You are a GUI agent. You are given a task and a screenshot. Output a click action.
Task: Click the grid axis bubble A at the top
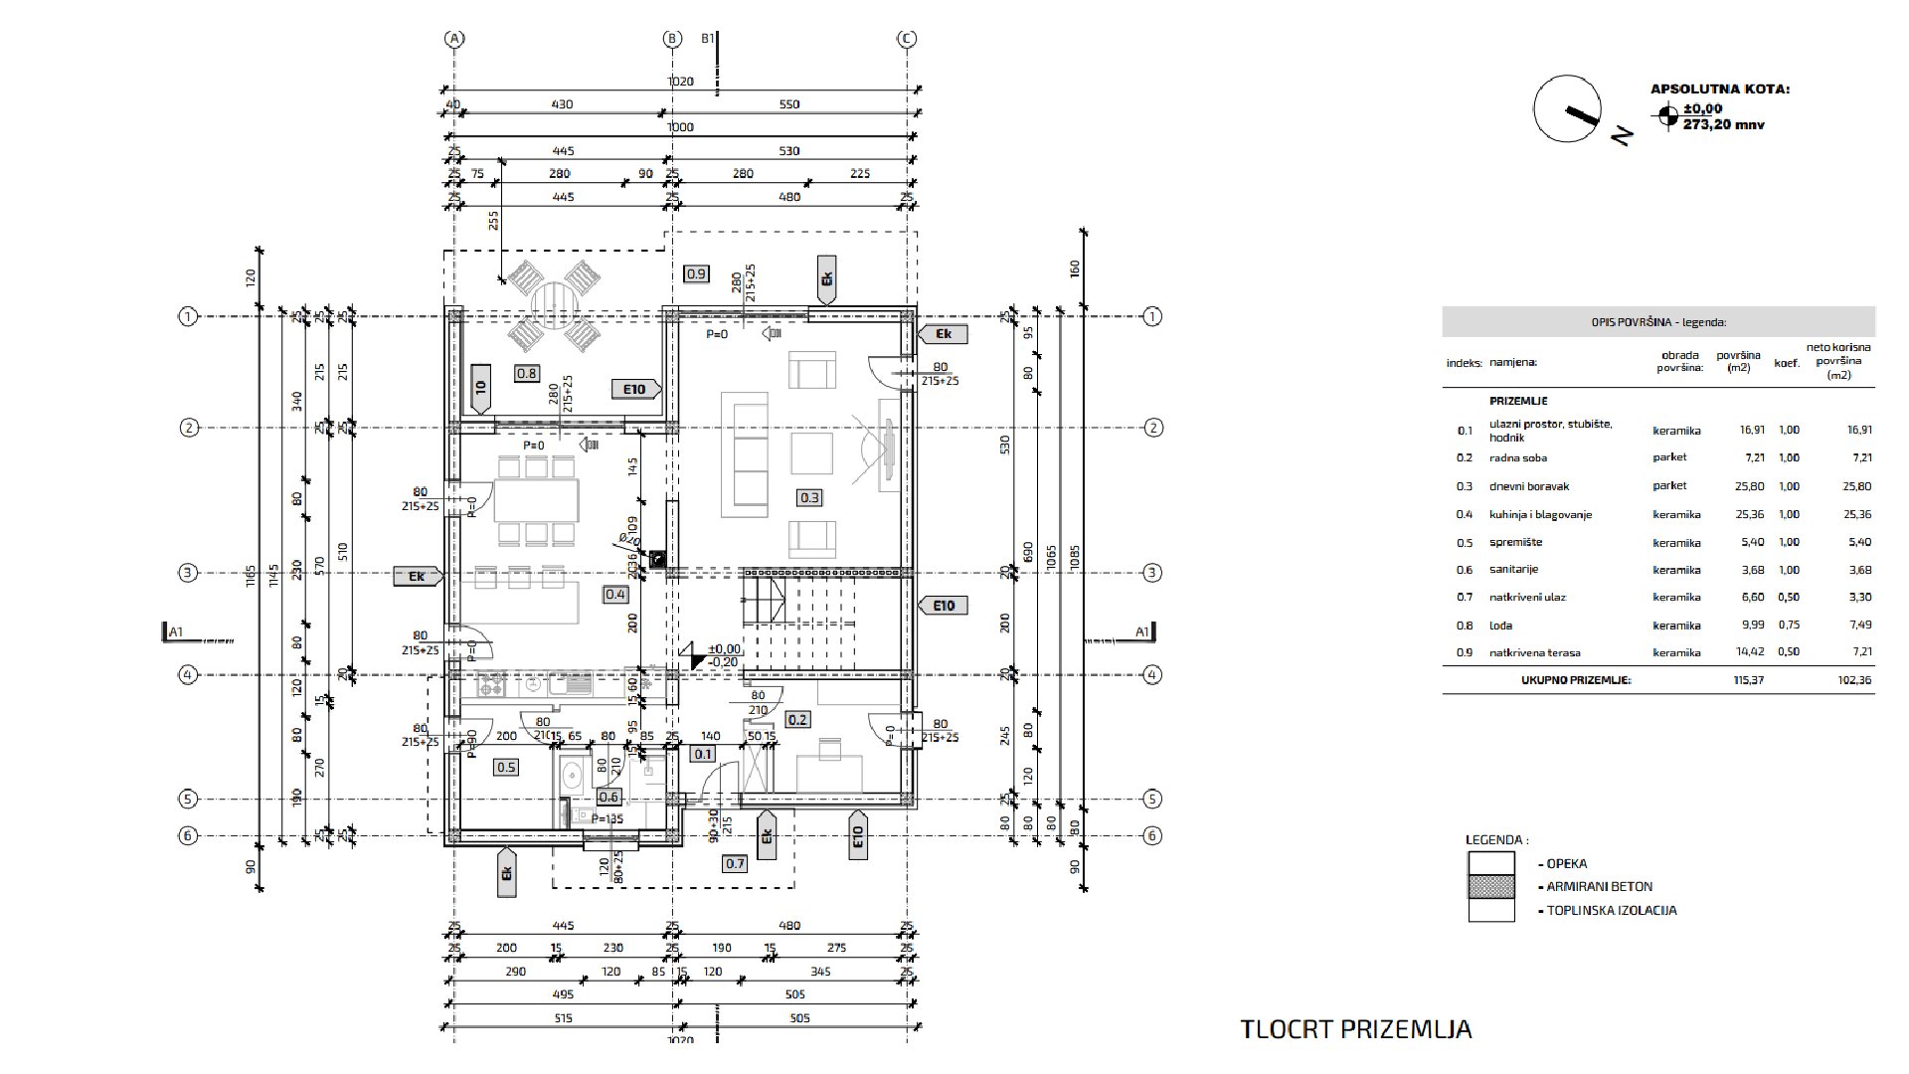(454, 39)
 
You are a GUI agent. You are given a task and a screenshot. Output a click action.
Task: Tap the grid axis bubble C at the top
(907, 39)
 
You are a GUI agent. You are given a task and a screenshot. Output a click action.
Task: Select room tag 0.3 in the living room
(809, 497)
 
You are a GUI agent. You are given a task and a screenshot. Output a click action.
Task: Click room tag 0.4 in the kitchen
(615, 595)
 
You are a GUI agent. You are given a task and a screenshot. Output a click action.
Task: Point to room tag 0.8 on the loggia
(527, 374)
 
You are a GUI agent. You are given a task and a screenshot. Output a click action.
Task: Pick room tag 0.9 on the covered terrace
(696, 273)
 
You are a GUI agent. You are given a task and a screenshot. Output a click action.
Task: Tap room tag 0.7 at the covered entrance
(734, 863)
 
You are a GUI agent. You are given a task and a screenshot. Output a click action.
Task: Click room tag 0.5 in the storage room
(506, 767)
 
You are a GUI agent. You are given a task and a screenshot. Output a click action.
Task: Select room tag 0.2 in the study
(796, 720)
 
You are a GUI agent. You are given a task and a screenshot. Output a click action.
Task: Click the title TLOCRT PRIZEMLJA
(1355, 1028)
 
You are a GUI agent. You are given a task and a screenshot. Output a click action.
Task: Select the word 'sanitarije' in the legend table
(1513, 570)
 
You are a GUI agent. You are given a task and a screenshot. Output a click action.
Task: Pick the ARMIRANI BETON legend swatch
(1491, 886)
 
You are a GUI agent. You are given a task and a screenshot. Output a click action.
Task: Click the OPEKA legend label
(1567, 863)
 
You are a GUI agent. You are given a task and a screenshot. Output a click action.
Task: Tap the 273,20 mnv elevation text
(1723, 125)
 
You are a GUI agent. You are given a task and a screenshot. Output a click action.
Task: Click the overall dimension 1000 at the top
(680, 127)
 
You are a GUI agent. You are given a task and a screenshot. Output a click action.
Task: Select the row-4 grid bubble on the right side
(1152, 675)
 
